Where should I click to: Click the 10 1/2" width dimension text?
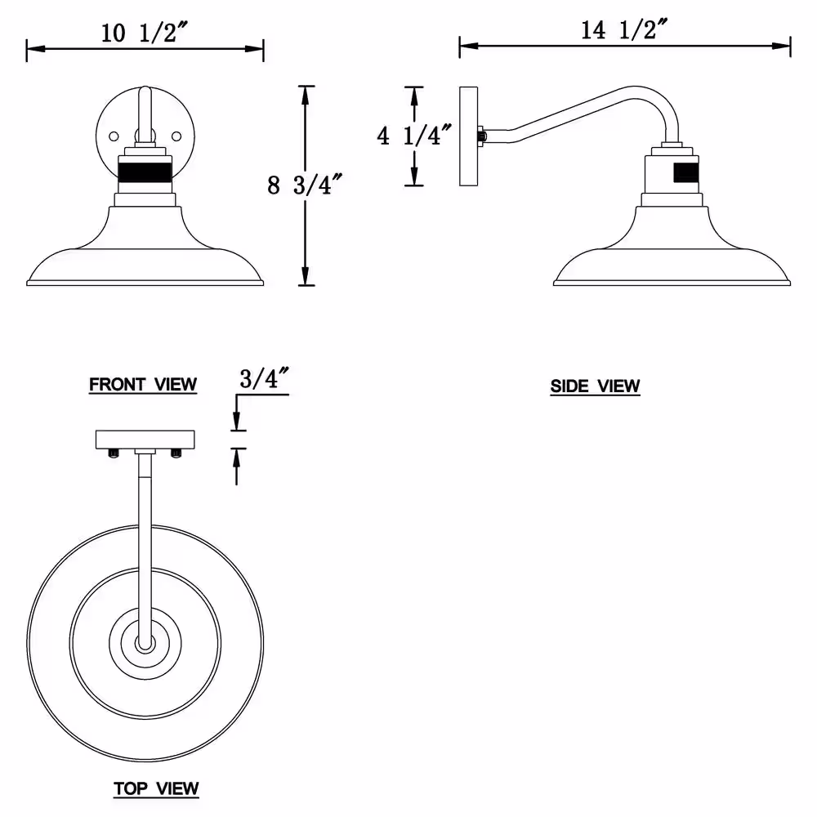click(144, 33)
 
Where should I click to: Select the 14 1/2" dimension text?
click(624, 29)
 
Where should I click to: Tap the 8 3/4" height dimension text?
click(305, 185)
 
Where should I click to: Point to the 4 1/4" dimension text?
click(414, 136)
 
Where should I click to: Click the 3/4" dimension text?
click(264, 378)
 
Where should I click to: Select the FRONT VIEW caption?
click(143, 385)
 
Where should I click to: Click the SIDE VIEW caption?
click(595, 386)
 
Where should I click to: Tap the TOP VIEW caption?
click(156, 788)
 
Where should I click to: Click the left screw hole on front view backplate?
click(114, 136)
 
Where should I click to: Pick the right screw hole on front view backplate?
click(176, 136)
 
